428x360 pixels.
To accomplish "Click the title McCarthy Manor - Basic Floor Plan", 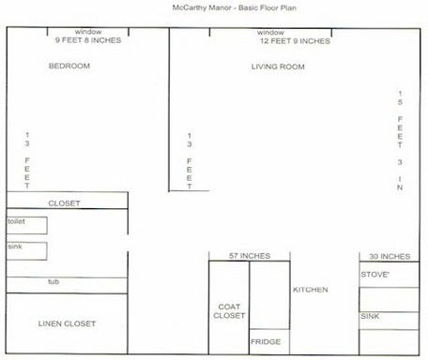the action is pos(235,7).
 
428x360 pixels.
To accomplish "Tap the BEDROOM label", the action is pos(69,66).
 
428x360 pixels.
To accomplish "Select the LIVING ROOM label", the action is pos(278,67).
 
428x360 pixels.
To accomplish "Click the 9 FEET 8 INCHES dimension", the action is pos(88,40).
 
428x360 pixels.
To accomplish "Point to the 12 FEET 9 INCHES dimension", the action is pos(295,41).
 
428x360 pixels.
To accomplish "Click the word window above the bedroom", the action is pos(88,32).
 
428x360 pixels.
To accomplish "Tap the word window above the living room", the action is pos(270,33).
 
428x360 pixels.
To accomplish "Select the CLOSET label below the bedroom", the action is pos(64,203).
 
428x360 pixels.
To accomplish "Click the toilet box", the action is pos(27,225).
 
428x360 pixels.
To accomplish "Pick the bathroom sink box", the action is pos(27,251).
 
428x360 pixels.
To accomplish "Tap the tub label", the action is pos(53,281).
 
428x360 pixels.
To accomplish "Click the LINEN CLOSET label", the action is pos(67,323).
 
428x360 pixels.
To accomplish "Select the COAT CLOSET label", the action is pos(229,311).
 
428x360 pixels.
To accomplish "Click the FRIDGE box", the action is pos(269,341).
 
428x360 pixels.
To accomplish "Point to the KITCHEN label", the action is pos(311,290).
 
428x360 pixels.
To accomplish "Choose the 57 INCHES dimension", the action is pos(250,256).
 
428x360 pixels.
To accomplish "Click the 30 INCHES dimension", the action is pos(390,257).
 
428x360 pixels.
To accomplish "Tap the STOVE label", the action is pos(375,275).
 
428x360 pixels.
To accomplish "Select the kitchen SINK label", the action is pos(370,316).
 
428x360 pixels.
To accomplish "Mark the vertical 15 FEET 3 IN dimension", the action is pos(400,141).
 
